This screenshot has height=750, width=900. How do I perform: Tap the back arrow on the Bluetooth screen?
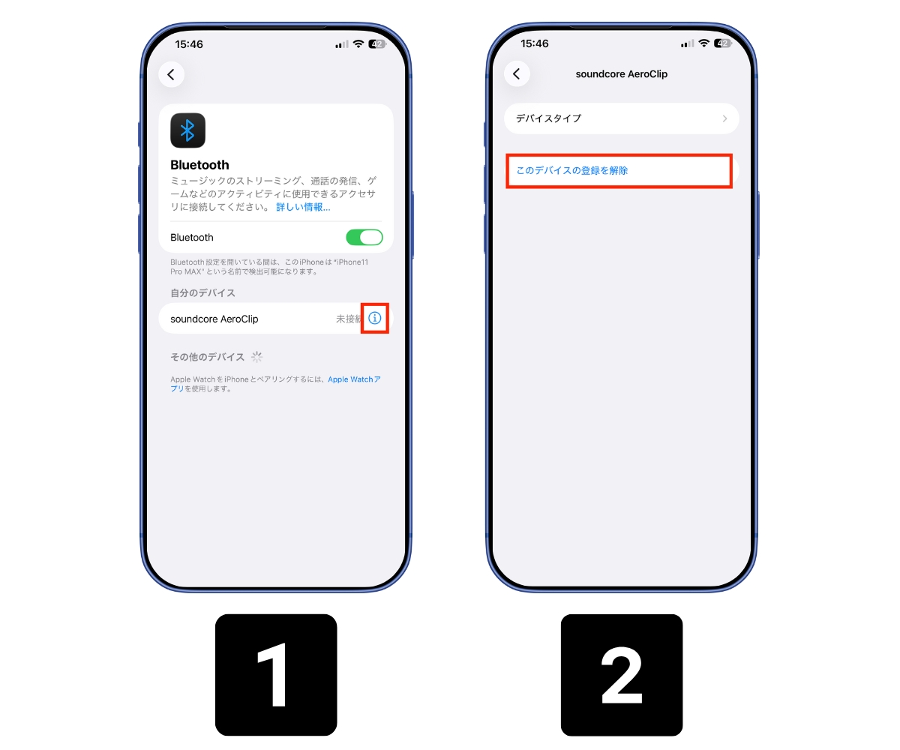tap(171, 74)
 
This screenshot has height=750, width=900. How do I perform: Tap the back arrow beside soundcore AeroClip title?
tap(517, 73)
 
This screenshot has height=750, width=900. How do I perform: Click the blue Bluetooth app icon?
tap(187, 130)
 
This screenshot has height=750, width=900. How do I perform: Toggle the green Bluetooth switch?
tap(364, 237)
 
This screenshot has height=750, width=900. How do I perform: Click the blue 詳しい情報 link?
tap(303, 207)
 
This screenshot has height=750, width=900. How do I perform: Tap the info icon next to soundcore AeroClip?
tap(375, 318)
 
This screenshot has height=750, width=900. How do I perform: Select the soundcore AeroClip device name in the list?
tap(214, 319)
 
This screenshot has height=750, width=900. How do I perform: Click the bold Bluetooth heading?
tap(199, 165)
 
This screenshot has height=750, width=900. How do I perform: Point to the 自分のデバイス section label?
tap(202, 292)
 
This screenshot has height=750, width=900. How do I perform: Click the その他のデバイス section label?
tap(207, 357)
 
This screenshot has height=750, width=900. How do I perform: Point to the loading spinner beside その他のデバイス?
tap(257, 357)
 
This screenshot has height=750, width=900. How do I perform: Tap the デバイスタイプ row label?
tap(548, 118)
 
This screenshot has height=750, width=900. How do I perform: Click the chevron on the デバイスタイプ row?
tap(724, 118)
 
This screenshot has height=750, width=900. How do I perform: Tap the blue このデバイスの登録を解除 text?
tap(572, 171)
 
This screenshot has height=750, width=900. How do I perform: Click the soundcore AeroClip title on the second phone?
tap(621, 74)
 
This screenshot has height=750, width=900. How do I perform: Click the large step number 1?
tap(276, 675)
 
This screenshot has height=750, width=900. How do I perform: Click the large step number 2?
tap(622, 675)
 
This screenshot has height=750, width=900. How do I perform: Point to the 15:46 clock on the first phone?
tap(189, 44)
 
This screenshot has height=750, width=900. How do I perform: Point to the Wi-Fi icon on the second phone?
tap(703, 43)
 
